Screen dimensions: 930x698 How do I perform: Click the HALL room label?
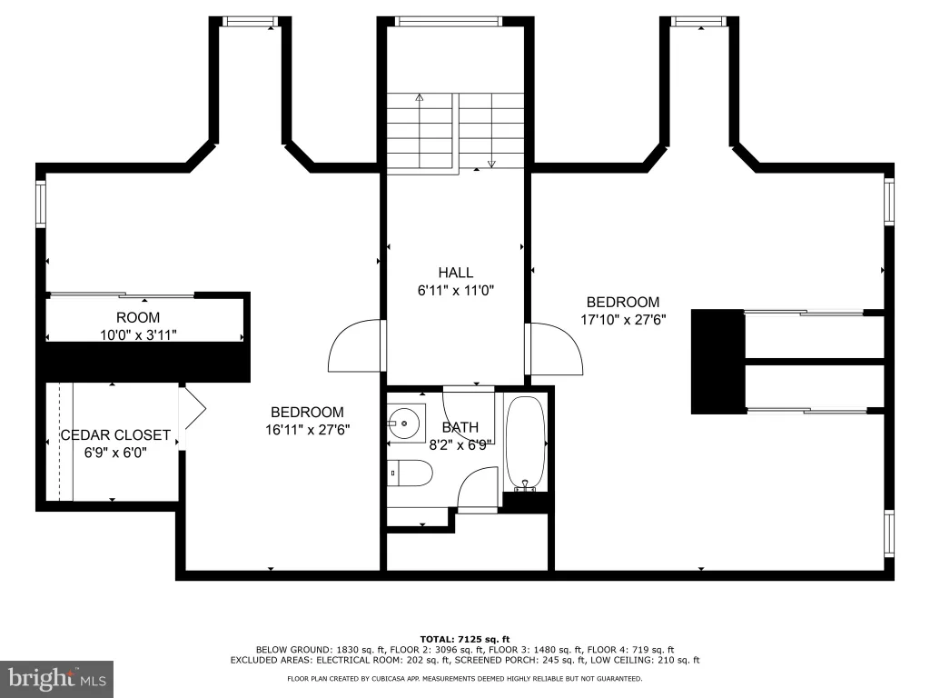(456, 273)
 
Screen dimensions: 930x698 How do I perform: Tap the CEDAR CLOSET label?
(115, 435)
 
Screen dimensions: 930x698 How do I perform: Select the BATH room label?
(460, 427)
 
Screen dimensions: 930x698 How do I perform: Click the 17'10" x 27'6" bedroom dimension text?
(623, 320)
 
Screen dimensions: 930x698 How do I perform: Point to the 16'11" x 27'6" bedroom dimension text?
(307, 430)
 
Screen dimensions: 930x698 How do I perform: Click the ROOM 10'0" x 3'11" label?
(138, 326)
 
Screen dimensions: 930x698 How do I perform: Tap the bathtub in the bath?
(525, 444)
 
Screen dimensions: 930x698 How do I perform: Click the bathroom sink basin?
(405, 424)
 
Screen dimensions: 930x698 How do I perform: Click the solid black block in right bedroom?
(717, 362)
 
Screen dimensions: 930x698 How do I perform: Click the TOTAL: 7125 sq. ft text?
(465, 639)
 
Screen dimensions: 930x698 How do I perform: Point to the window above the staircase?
(449, 22)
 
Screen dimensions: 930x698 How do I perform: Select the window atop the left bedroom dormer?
(250, 22)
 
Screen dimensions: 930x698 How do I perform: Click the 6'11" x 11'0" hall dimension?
(456, 291)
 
